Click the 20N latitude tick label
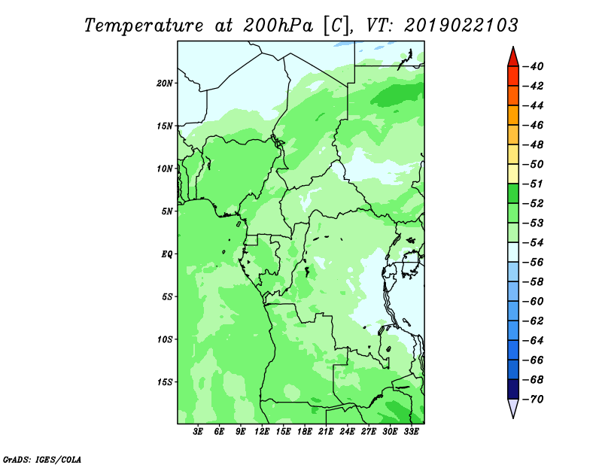coord(165,84)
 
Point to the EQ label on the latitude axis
coord(167,254)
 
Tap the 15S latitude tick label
coord(165,382)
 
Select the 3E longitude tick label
coord(198,432)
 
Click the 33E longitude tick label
coord(411,432)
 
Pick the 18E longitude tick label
coord(305,432)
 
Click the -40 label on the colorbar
coord(534,66)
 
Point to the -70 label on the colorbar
coord(534,400)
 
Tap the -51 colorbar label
coord(534,184)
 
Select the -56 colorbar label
coord(534,263)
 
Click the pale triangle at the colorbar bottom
coord(513,408)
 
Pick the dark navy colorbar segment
coord(513,389)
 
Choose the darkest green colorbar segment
coord(513,193)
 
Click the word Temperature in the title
coord(144,26)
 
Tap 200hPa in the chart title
coord(278,26)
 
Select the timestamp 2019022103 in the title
coord(461,26)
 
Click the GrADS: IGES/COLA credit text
coord(42,460)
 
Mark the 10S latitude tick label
coord(165,340)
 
